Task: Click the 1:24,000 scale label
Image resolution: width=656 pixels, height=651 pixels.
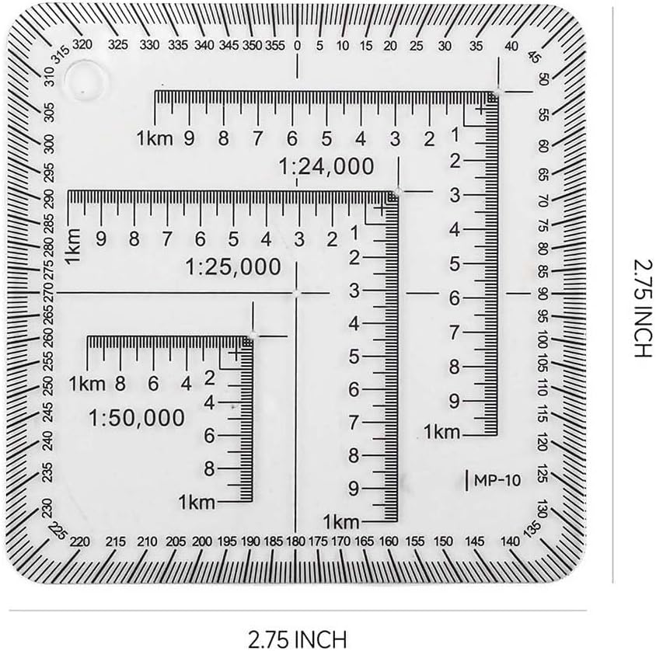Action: pos(326,167)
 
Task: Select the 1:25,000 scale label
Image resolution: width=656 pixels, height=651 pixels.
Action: pos(233,267)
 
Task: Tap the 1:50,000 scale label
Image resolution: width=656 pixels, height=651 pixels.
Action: pos(137,418)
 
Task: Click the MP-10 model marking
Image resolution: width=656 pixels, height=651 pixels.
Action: pos(497,480)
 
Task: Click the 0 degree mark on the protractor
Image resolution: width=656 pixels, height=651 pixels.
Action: pos(297,46)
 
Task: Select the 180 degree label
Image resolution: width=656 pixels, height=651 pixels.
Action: pos(295,541)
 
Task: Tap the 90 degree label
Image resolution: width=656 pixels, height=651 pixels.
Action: pos(543,294)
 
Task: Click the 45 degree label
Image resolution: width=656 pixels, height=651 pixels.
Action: pos(534,57)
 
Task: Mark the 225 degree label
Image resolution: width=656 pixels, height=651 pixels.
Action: pos(58,531)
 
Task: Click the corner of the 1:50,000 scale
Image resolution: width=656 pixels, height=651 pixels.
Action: pos(253,336)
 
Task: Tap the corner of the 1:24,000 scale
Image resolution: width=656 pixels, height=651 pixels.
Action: pos(497,92)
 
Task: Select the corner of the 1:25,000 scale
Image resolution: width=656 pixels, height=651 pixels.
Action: pos(397,192)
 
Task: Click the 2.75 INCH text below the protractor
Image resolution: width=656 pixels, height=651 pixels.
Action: pos(298,639)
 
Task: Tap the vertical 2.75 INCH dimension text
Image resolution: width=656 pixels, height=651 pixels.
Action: pos(643,308)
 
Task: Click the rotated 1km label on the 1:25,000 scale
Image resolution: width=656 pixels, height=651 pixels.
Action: pos(73,246)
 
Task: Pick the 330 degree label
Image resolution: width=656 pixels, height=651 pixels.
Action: pos(149,45)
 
